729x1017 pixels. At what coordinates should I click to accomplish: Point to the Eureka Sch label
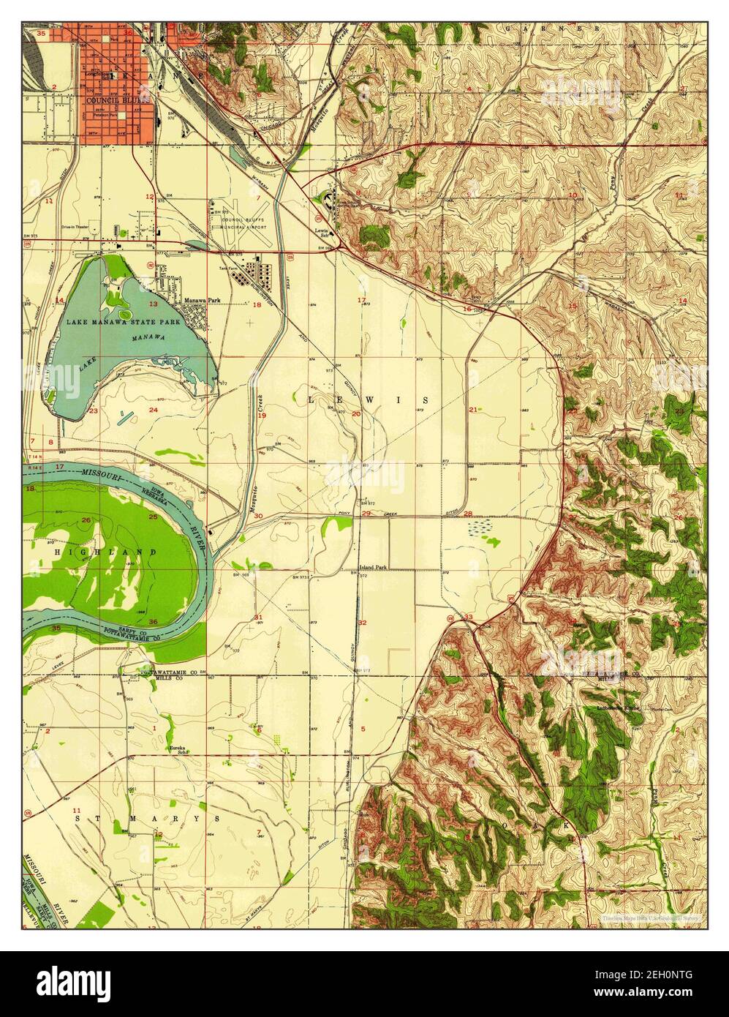click(x=178, y=749)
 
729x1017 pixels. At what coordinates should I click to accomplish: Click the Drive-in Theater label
click(x=78, y=226)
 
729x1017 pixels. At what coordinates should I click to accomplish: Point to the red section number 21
click(x=473, y=410)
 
